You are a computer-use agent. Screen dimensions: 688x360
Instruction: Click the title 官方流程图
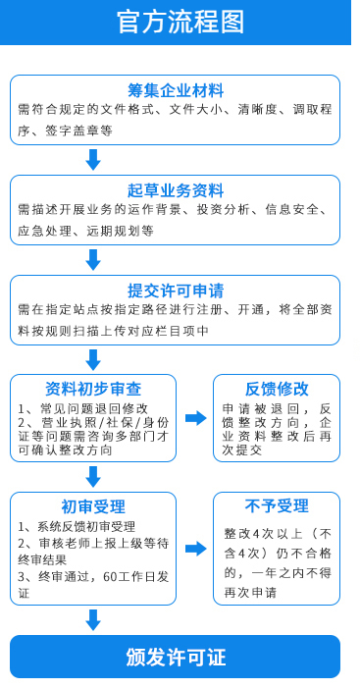click(180, 22)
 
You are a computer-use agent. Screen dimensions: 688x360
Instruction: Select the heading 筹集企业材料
click(176, 90)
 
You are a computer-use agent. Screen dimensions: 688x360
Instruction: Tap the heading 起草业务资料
click(176, 189)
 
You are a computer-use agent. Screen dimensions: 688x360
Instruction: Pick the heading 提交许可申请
click(176, 290)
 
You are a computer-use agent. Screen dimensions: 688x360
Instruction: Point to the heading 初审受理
click(93, 506)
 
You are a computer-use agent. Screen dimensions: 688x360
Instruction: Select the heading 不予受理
click(277, 506)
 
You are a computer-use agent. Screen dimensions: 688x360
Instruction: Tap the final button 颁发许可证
click(176, 657)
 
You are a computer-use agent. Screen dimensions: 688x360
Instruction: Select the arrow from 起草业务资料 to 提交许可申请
click(94, 259)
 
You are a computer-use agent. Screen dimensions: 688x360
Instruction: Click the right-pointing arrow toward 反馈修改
click(195, 418)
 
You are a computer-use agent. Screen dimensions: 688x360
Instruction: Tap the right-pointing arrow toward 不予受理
click(195, 548)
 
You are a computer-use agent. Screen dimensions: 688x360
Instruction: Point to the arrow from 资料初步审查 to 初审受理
click(94, 476)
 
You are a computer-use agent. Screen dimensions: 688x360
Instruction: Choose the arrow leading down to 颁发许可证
click(94, 619)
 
